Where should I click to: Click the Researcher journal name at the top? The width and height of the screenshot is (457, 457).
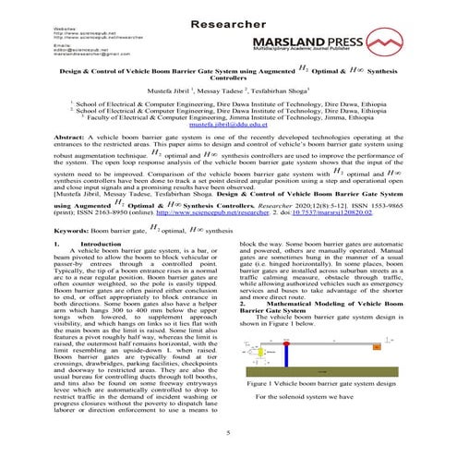coord(227,16)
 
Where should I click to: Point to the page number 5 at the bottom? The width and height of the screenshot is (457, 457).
coord(227,429)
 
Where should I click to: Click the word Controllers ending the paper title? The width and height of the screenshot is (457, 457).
coord(227,79)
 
